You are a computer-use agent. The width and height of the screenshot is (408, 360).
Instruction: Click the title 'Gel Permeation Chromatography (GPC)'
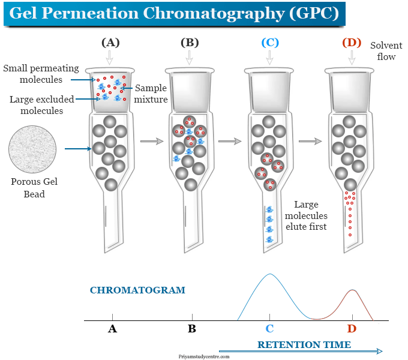point(174,14)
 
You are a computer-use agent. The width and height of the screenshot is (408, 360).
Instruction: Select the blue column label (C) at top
point(269,43)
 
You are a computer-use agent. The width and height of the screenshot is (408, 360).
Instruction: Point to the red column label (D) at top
point(352,43)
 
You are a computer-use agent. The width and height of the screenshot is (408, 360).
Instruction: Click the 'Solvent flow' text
point(386,51)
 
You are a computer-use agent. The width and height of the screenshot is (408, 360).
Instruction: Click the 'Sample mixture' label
point(151,93)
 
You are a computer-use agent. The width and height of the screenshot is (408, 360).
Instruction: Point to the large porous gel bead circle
point(32,151)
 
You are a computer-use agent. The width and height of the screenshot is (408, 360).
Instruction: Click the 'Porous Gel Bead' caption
point(34,188)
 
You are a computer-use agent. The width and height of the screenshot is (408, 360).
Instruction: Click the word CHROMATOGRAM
point(137,290)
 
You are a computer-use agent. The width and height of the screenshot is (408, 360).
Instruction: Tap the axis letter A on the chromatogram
point(112,328)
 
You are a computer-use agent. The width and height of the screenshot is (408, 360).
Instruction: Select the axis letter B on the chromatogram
point(192,328)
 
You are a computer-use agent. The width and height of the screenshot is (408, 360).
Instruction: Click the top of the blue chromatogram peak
point(270,274)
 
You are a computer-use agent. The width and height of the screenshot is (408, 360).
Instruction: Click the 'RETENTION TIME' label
point(304,344)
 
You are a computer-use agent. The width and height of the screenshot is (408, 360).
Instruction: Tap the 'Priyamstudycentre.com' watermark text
point(204,356)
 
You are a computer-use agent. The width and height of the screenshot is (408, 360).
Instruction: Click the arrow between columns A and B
point(152,141)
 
